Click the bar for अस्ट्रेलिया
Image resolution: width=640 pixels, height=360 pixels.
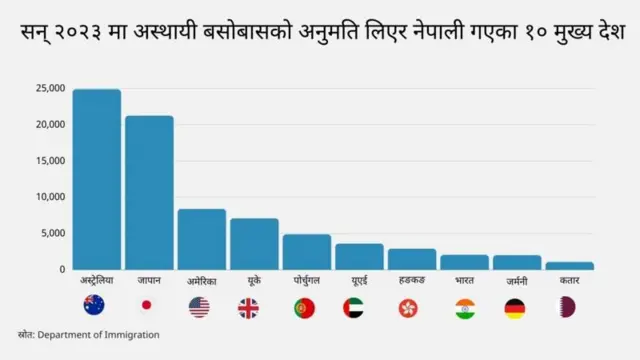click(96, 179)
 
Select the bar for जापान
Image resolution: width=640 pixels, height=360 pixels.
click(149, 192)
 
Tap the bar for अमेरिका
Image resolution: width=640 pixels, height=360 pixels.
click(201, 239)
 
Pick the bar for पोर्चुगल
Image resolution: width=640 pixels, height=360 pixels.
click(306, 252)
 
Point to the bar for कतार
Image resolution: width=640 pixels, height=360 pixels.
click(569, 265)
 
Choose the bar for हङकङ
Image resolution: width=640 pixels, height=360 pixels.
click(412, 259)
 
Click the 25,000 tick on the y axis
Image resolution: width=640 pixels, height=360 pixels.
click(50, 88)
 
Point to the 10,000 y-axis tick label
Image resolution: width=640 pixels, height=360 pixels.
click(50, 197)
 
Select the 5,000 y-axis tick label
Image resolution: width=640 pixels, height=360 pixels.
click(53, 233)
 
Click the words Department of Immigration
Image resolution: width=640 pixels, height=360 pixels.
click(99, 335)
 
